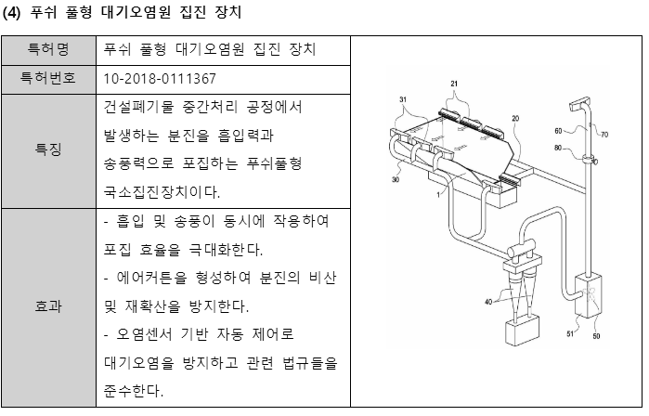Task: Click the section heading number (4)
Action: point(14,13)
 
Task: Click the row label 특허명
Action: point(48,49)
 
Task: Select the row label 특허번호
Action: point(48,78)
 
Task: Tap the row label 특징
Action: point(48,149)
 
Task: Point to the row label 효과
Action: point(48,306)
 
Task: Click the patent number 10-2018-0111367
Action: point(162,78)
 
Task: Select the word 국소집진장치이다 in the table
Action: point(163,192)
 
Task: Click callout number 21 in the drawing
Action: point(454,84)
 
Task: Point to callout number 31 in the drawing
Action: point(403,99)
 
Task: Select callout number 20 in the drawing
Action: point(514,119)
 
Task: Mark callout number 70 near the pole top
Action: point(604,135)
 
